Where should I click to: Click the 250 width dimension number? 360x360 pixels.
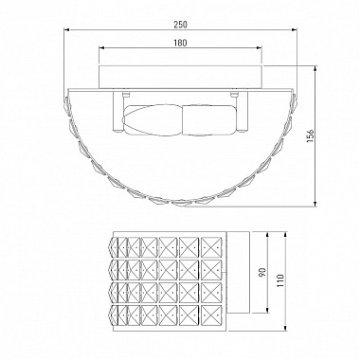(x=180, y=25)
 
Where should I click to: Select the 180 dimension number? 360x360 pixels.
(x=180, y=43)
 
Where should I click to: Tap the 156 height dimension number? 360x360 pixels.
(x=311, y=135)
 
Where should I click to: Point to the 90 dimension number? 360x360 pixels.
(x=262, y=272)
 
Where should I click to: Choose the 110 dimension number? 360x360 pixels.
(x=280, y=280)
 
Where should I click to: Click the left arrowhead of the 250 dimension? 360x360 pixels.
(x=66, y=30)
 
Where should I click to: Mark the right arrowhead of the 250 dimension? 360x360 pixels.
(x=295, y=30)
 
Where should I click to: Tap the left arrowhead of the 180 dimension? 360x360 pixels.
(x=101, y=47)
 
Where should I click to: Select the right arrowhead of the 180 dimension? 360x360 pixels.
(x=259, y=47)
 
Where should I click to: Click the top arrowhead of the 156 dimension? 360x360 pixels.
(x=315, y=69)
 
